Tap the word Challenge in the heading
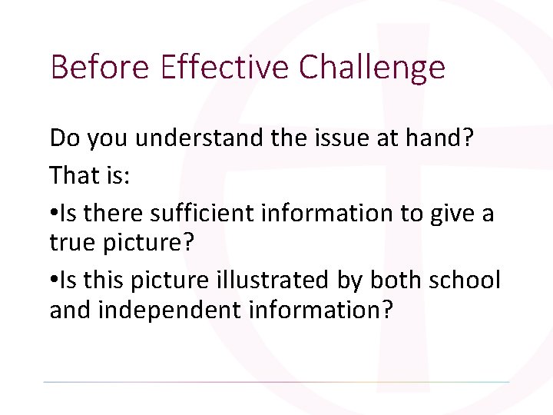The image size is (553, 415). click(373, 68)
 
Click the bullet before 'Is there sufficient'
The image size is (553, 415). click(54, 211)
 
